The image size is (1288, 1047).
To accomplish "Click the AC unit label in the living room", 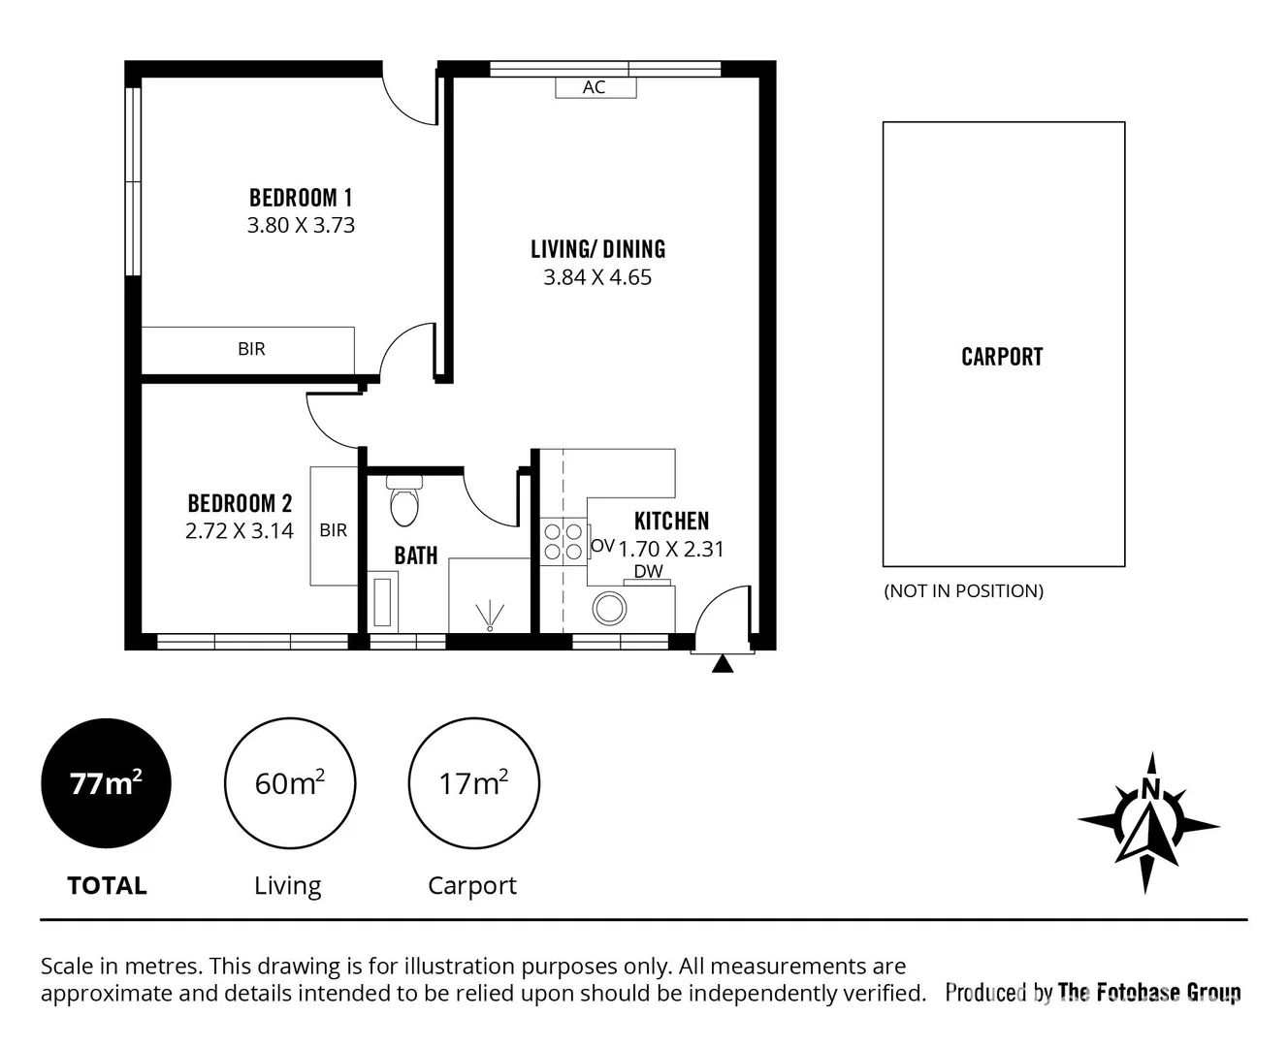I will point(595,87).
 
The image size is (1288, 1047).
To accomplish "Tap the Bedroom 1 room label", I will point(301,198).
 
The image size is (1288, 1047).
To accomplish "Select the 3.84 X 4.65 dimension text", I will point(597,277).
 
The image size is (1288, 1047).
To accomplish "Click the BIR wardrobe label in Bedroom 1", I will point(251,349).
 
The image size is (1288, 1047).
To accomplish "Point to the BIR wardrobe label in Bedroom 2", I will point(333,530).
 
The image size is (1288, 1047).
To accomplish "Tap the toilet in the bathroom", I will point(403,501).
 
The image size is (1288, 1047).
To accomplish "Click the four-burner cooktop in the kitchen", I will point(563,541).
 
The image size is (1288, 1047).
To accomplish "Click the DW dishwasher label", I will point(648,572).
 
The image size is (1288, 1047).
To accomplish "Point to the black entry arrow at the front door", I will point(723,664).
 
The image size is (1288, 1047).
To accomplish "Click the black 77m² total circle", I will point(106,783).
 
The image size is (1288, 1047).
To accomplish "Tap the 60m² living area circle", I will point(289,783).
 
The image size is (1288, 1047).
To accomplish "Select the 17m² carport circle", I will point(473,783).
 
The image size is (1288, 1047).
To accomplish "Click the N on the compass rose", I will point(1149,789).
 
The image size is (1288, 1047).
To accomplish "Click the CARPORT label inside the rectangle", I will point(1002,357).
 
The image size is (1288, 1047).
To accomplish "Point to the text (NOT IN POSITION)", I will point(963,591).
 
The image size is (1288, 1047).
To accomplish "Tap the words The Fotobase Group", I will point(1149,992).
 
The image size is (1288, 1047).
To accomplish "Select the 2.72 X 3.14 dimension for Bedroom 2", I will point(240,531).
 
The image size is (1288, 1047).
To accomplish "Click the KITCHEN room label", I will point(671,522).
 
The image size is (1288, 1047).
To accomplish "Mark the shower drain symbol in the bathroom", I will point(491,615).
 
